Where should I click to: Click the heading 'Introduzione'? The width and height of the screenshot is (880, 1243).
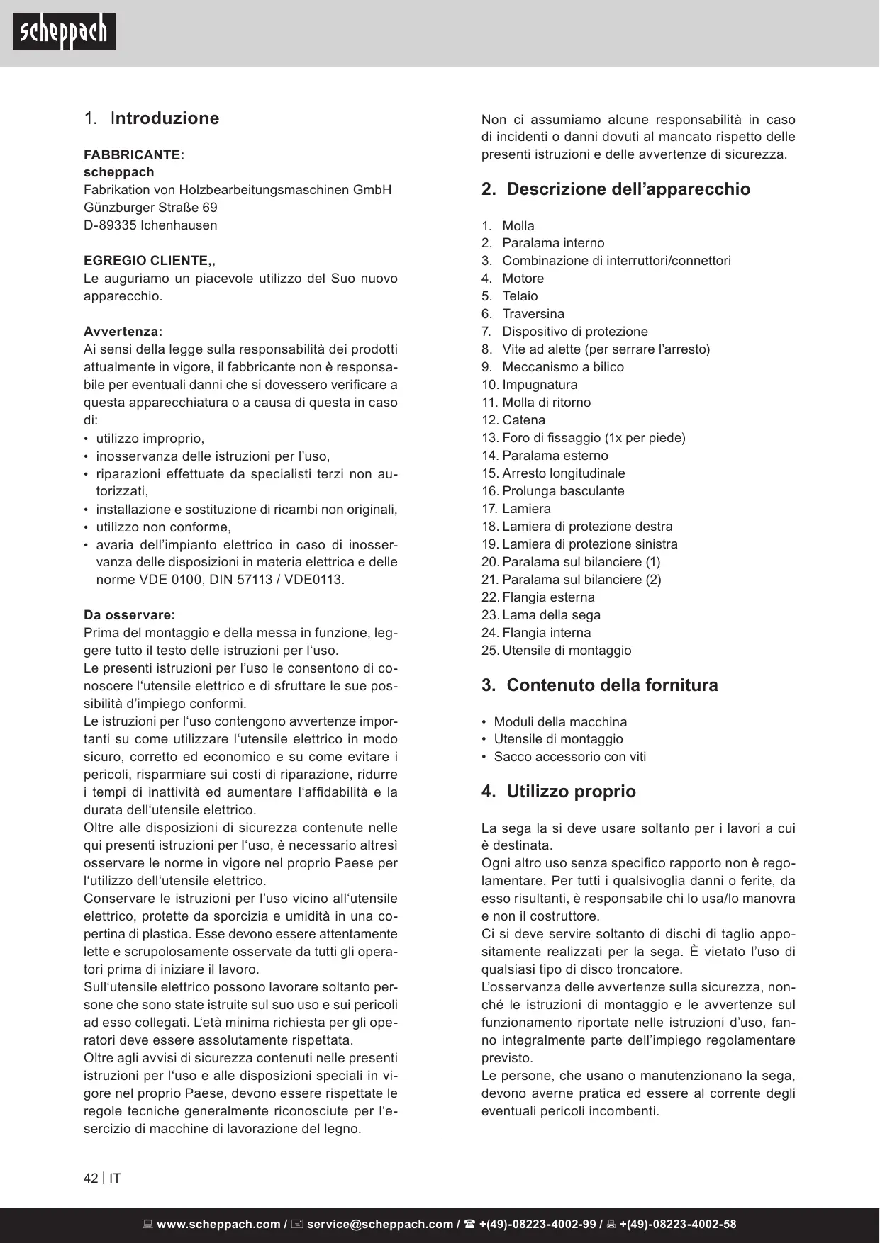(165, 118)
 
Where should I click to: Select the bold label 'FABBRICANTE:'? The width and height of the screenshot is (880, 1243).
(134, 154)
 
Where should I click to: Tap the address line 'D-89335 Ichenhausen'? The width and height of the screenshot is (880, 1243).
(150, 225)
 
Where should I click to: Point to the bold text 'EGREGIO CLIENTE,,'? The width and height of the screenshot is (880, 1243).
(150, 261)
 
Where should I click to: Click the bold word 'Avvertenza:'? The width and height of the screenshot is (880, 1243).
(123, 332)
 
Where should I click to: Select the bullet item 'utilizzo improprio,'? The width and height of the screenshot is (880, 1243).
(150, 438)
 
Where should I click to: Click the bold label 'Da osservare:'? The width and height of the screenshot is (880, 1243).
(129, 615)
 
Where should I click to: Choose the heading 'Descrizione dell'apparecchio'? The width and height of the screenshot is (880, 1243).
(628, 189)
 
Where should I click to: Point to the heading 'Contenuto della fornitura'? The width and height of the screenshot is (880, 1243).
(611, 685)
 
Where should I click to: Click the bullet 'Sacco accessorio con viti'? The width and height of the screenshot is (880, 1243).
(569, 757)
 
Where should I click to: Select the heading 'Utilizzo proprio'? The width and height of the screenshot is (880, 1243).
(570, 792)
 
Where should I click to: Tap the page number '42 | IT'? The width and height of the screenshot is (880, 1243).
(102, 1179)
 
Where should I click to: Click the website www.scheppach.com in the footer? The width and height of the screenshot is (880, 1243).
(218, 1224)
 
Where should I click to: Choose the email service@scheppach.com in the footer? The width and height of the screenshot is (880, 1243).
(379, 1224)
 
